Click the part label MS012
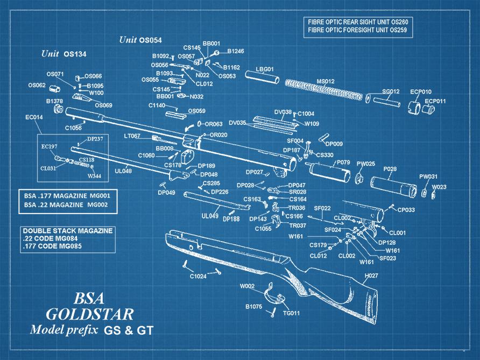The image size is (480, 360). pos(325,81)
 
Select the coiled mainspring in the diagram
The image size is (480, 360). pos(323,90)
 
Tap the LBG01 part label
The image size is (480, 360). pos(265,69)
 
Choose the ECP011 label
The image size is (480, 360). pos(435,101)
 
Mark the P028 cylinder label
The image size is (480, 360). pos(390,169)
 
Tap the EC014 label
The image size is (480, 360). pos(34,117)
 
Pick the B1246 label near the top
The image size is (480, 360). pos(235,51)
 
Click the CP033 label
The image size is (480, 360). pos(406,209)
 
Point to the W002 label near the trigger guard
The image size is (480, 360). pos(247,286)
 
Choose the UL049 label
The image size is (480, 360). pos(210,216)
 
